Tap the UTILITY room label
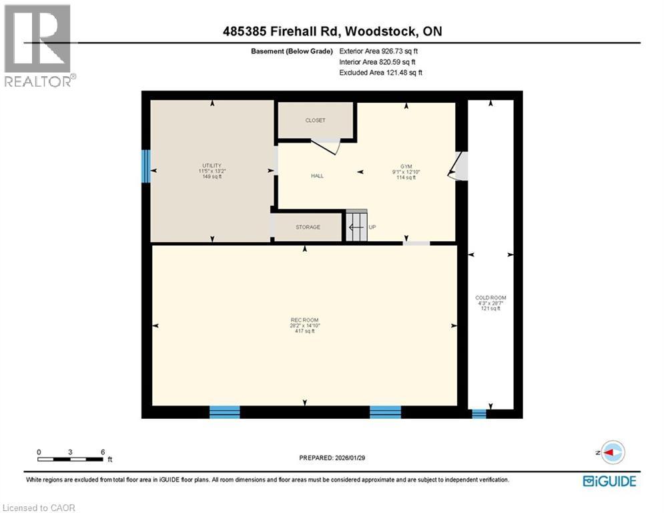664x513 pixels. point(212,166)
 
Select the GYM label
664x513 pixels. point(406,166)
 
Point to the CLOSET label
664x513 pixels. point(315,120)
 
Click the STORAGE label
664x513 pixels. point(308,227)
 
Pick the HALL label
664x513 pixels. point(317,176)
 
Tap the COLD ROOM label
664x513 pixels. point(490,297)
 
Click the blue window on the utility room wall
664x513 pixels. point(146,166)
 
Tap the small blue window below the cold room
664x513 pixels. point(479,413)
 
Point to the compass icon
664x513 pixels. point(612,452)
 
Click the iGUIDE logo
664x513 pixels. point(609,480)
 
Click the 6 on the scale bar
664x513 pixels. point(102,452)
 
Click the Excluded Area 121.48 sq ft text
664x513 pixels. point(380,72)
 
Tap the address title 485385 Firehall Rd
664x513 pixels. point(280,31)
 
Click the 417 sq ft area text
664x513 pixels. point(304,331)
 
